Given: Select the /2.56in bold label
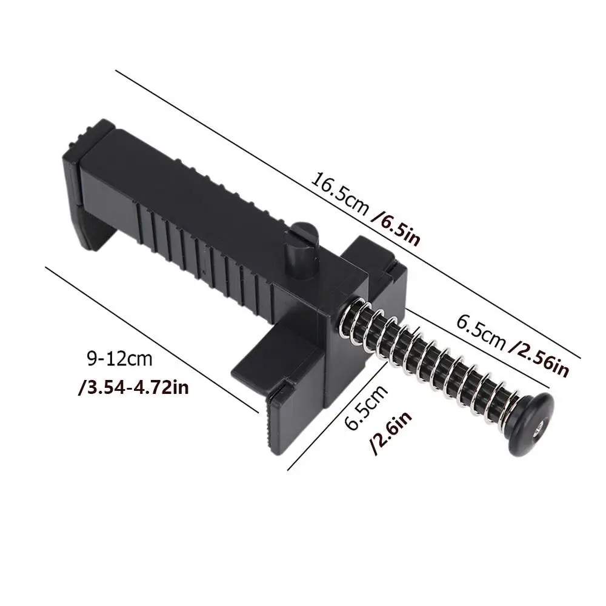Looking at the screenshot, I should pyautogui.click(x=539, y=359).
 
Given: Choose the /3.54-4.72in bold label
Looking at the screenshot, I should pyautogui.click(x=133, y=386).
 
